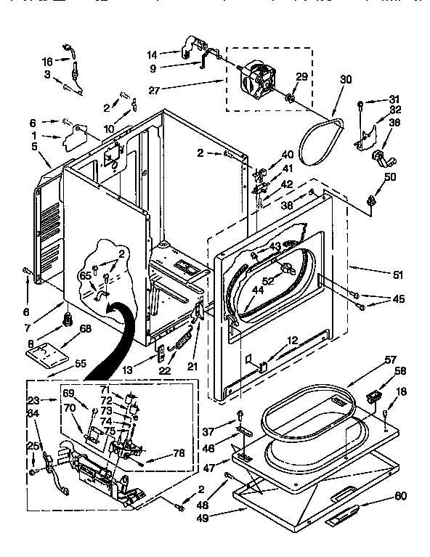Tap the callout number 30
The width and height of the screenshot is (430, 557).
[x=344, y=80]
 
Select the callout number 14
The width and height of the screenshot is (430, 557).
[x=152, y=53]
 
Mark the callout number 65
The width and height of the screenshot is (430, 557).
[x=84, y=277]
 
